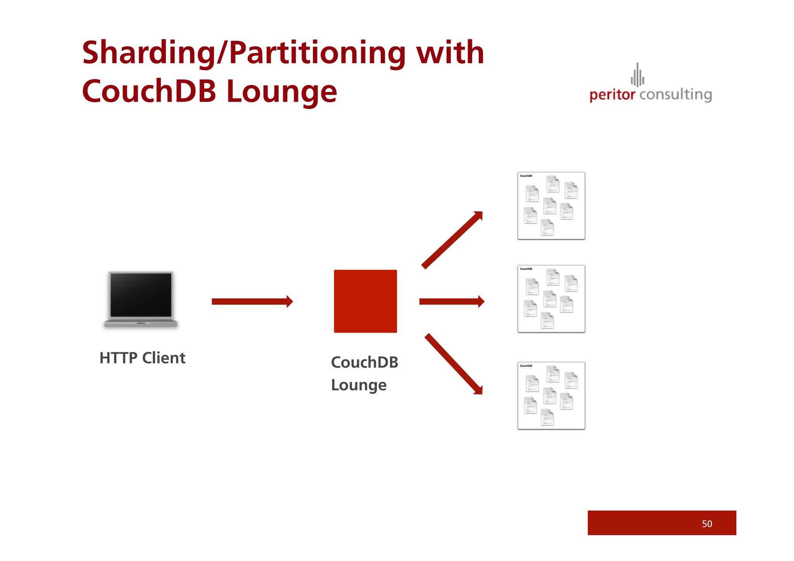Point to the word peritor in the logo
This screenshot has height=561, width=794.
(612, 95)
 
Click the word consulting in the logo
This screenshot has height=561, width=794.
(676, 95)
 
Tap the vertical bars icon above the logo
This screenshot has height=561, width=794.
(637, 75)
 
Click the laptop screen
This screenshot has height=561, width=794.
(141, 294)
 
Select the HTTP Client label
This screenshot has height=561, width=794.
(143, 358)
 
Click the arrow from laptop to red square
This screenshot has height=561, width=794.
(252, 302)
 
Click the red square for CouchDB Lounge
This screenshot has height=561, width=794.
(365, 301)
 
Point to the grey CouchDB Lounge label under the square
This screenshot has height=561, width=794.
(364, 373)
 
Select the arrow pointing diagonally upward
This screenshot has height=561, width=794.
(452, 240)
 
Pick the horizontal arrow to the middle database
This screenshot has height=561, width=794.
(452, 302)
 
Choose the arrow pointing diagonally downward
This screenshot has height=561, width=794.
(454, 364)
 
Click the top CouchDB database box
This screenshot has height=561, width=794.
(551, 206)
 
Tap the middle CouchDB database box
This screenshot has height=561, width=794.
(551, 299)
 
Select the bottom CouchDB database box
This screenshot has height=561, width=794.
(551, 396)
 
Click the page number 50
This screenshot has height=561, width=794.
(707, 524)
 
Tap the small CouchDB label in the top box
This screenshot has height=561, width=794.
(526, 176)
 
